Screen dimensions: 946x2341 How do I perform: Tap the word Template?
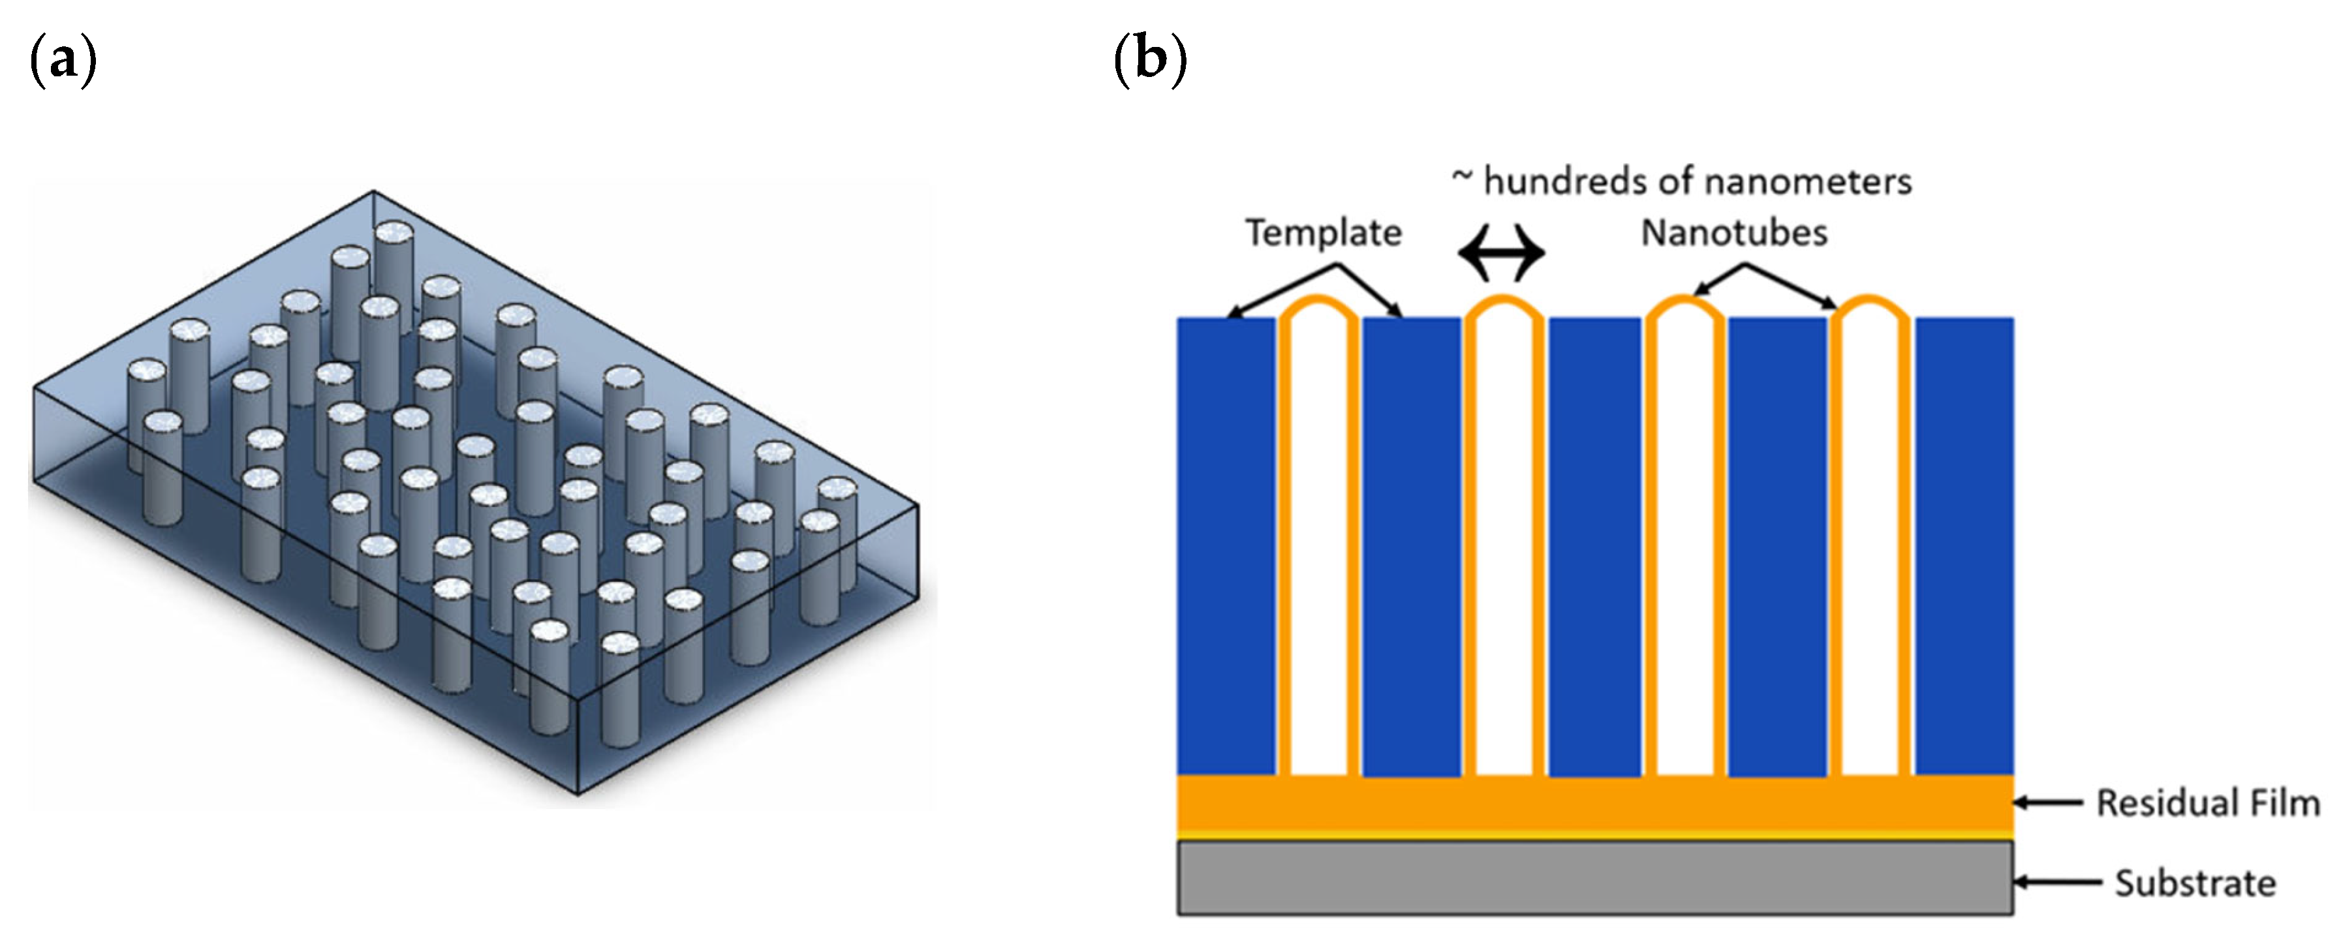[1323, 233]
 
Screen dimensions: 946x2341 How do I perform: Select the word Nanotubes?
[1734, 233]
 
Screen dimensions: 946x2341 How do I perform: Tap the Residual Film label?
[2207, 803]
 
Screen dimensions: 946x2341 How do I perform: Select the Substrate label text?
[2195, 883]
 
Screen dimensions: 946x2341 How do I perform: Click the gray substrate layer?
[1595, 878]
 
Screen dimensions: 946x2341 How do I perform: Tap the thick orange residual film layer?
[1595, 804]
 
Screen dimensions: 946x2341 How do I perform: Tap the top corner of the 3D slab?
[373, 191]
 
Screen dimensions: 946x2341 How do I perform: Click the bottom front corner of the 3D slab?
[579, 794]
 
